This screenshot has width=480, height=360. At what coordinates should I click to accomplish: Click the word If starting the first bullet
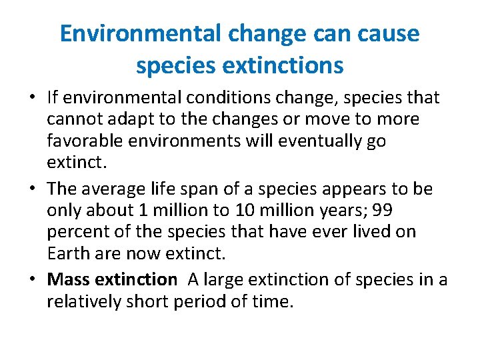[53, 97]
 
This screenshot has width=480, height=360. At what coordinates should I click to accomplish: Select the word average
[117, 189]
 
